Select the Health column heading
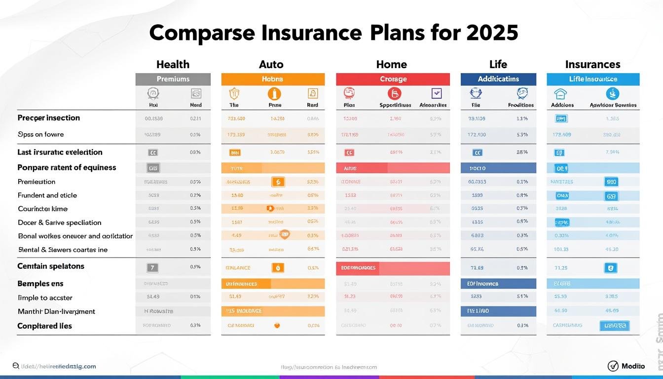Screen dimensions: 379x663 pyautogui.click(x=173, y=64)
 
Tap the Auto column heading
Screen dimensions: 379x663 pyautogui.click(x=271, y=64)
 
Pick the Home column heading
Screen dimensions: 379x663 pyautogui.click(x=392, y=64)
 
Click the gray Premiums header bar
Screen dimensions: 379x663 pyautogui.click(x=173, y=79)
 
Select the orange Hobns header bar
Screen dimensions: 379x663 pyautogui.click(x=273, y=79)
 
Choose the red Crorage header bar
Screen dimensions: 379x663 pyautogui.click(x=393, y=79)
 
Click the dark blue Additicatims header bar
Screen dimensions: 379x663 pyautogui.click(x=498, y=79)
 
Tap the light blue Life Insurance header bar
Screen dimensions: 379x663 pyautogui.click(x=593, y=79)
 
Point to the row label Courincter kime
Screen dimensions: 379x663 pyautogui.click(x=43, y=209)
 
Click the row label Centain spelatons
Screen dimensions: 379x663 pyautogui.click(x=51, y=266)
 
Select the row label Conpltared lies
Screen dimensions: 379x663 pyautogui.click(x=45, y=326)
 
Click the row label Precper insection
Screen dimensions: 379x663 pyautogui.click(x=49, y=118)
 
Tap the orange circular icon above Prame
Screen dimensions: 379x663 pyautogui.click(x=274, y=94)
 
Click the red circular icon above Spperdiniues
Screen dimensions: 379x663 pyautogui.click(x=394, y=94)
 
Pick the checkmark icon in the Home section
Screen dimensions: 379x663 pyautogui.click(x=436, y=93)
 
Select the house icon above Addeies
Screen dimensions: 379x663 pyautogui.click(x=560, y=94)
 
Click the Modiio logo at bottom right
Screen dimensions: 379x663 pyautogui.click(x=626, y=366)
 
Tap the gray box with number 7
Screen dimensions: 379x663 pyautogui.click(x=153, y=268)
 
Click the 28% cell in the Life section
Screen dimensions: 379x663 pyautogui.click(x=522, y=152)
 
